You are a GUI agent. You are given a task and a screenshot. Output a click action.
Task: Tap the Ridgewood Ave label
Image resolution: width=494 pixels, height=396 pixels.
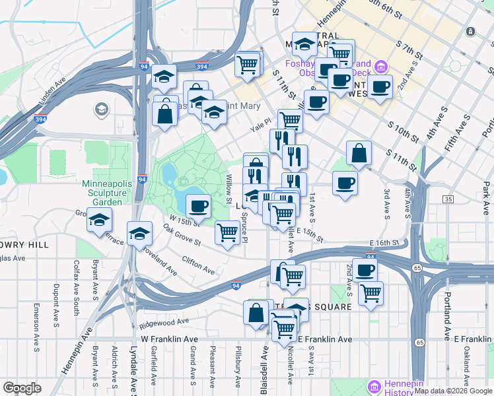pos(164,323)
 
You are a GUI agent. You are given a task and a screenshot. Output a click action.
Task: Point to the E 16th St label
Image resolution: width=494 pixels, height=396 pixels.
pos(386,243)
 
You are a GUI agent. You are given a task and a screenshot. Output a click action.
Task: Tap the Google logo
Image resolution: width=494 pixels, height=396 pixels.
pos(22,388)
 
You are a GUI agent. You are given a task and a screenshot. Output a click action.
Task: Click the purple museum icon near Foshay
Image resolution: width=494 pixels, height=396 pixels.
pos(380,67)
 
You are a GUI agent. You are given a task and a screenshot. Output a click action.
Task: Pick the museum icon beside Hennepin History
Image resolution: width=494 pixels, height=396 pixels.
pos(374,385)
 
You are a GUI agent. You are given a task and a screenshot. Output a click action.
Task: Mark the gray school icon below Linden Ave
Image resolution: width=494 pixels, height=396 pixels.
pos(101,108)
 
